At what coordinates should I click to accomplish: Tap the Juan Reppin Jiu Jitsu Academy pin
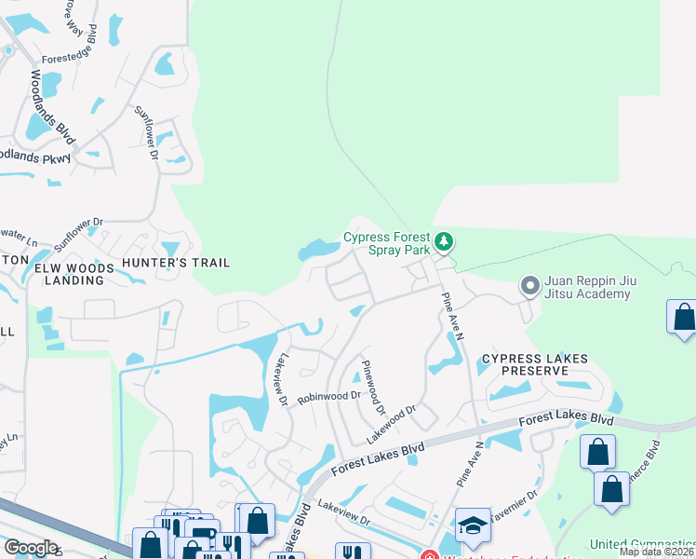[530, 285]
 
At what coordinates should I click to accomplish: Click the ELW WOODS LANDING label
[74, 275]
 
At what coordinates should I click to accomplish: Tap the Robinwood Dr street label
[328, 397]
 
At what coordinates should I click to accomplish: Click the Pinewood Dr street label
[373, 387]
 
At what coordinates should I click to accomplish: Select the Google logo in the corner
[31, 548]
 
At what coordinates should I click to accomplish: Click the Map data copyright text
[657, 552]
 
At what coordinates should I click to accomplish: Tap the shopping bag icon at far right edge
[684, 317]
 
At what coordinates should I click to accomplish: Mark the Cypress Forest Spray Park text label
[387, 243]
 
